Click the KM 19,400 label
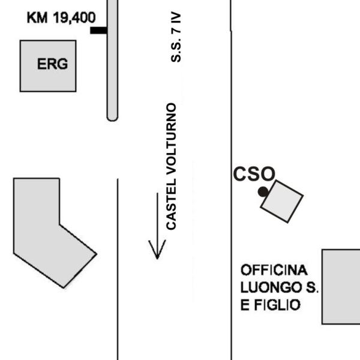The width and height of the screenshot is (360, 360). point(61,18)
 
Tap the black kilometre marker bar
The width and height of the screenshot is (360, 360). point(98,31)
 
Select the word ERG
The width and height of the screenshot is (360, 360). point(52,64)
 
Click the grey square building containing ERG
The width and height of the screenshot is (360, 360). point(48,66)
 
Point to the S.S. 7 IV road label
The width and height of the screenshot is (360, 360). point(176,37)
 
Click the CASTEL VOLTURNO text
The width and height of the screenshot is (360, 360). point(171,166)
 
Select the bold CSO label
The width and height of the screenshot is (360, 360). point(254,174)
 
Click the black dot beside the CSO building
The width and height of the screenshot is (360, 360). point(263,192)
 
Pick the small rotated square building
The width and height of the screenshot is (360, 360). point(282,202)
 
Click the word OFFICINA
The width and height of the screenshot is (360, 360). point(274,270)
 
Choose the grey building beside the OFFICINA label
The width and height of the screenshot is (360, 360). point(341,287)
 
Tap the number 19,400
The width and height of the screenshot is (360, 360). point(74,18)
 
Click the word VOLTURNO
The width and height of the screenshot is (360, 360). point(171,139)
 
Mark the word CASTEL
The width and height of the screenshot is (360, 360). point(171,204)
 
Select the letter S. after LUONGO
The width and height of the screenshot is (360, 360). point(313,287)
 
